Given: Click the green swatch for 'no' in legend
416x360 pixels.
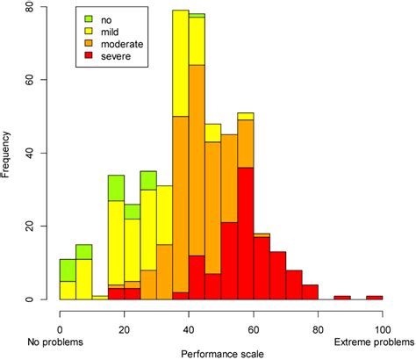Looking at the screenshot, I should (89, 18).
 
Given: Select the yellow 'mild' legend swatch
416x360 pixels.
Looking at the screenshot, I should (89, 30).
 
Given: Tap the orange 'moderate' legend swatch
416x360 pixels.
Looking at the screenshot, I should (89, 42).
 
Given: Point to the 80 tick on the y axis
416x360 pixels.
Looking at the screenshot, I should (31, 7).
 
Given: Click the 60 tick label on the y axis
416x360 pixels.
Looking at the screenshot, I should (31, 80).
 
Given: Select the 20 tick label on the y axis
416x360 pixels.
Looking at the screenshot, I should (31, 227).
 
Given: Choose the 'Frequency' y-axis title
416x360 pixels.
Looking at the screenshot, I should (8, 154).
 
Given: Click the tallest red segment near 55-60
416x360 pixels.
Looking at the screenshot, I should (246, 233).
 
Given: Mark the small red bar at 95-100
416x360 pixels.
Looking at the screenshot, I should (374, 297).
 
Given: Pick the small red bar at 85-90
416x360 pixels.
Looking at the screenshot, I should (342, 297).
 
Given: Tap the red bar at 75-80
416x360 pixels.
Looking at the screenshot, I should (310, 292).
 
